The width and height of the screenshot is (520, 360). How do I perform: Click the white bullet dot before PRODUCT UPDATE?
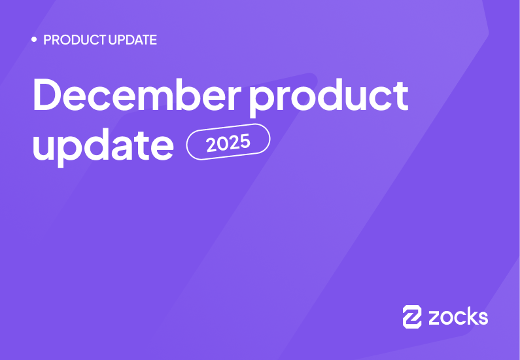click(x=34, y=40)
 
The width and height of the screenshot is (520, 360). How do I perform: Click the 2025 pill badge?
click(x=228, y=141)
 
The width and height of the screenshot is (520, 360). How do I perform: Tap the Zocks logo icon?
click(x=412, y=317)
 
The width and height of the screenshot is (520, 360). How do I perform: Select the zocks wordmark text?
click(x=458, y=317)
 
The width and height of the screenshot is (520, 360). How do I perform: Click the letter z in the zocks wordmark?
click(x=434, y=319)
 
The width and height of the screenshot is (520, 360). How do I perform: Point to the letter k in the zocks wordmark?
click(x=470, y=317)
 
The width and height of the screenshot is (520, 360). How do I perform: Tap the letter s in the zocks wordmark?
click(x=483, y=319)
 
